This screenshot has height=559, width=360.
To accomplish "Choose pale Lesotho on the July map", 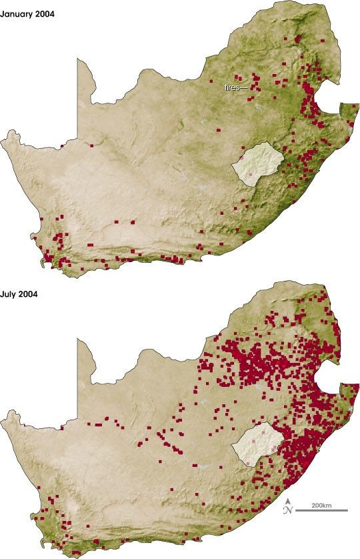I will pos(257,442).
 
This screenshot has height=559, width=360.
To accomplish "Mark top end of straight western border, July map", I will pos(79,339).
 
